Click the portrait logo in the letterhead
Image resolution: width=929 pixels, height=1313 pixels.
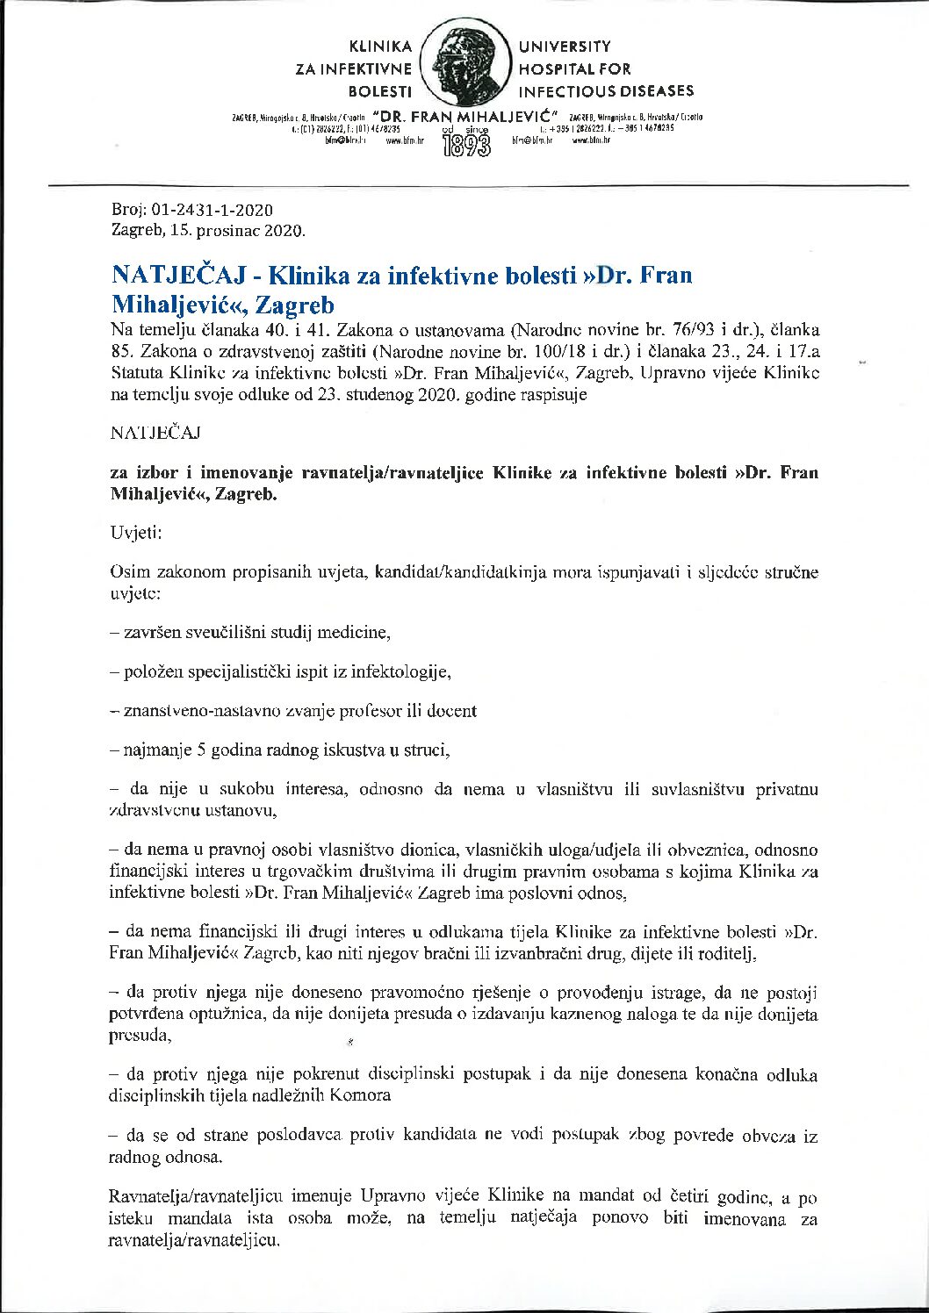pyautogui.click(x=464, y=66)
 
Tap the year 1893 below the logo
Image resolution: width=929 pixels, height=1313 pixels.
pyautogui.click(x=465, y=145)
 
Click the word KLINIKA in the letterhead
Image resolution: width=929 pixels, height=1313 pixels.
pyautogui.click(x=380, y=47)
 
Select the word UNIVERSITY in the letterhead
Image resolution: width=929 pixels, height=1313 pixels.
pyautogui.click(x=565, y=47)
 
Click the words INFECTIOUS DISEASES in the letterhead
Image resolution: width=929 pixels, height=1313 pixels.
pyautogui.click(x=606, y=91)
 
